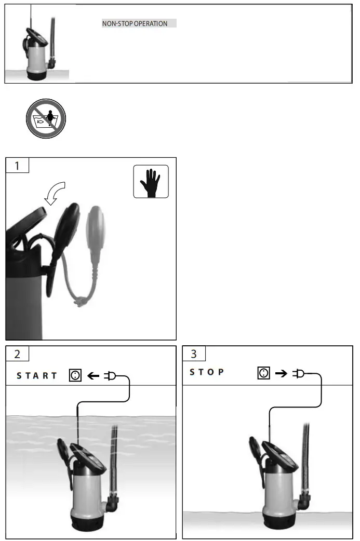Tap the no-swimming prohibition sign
point(46,119)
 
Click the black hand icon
point(151,182)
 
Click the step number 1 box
point(17,166)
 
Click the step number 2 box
point(17,354)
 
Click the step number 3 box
point(194,354)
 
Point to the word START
point(37,375)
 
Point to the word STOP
point(207,372)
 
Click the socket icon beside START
point(75,375)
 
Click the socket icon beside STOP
point(264,373)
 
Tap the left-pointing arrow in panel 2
point(94,375)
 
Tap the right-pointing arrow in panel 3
point(281,373)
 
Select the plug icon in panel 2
point(111,375)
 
